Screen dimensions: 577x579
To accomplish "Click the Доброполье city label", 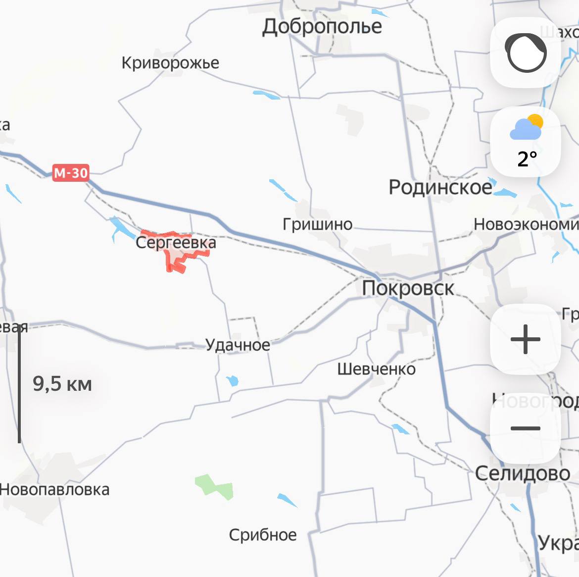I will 322,26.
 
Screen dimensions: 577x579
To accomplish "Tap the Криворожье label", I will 170,63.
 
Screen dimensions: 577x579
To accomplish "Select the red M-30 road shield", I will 71,173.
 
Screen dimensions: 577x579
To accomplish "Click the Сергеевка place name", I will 176,243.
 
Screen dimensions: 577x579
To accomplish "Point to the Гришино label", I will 317,224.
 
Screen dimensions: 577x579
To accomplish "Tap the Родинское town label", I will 440,187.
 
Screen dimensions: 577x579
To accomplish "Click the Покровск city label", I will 408,288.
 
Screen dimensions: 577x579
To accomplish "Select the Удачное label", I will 238,345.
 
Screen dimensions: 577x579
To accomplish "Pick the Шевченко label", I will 376,369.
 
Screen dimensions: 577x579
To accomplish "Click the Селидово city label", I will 523,473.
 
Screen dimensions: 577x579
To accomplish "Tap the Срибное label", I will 263,535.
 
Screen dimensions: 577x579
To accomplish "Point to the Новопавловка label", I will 54,489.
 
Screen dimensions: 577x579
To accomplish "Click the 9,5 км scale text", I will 62,384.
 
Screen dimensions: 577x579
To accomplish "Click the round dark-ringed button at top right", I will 526,53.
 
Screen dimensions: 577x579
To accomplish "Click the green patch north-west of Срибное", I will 214,486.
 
